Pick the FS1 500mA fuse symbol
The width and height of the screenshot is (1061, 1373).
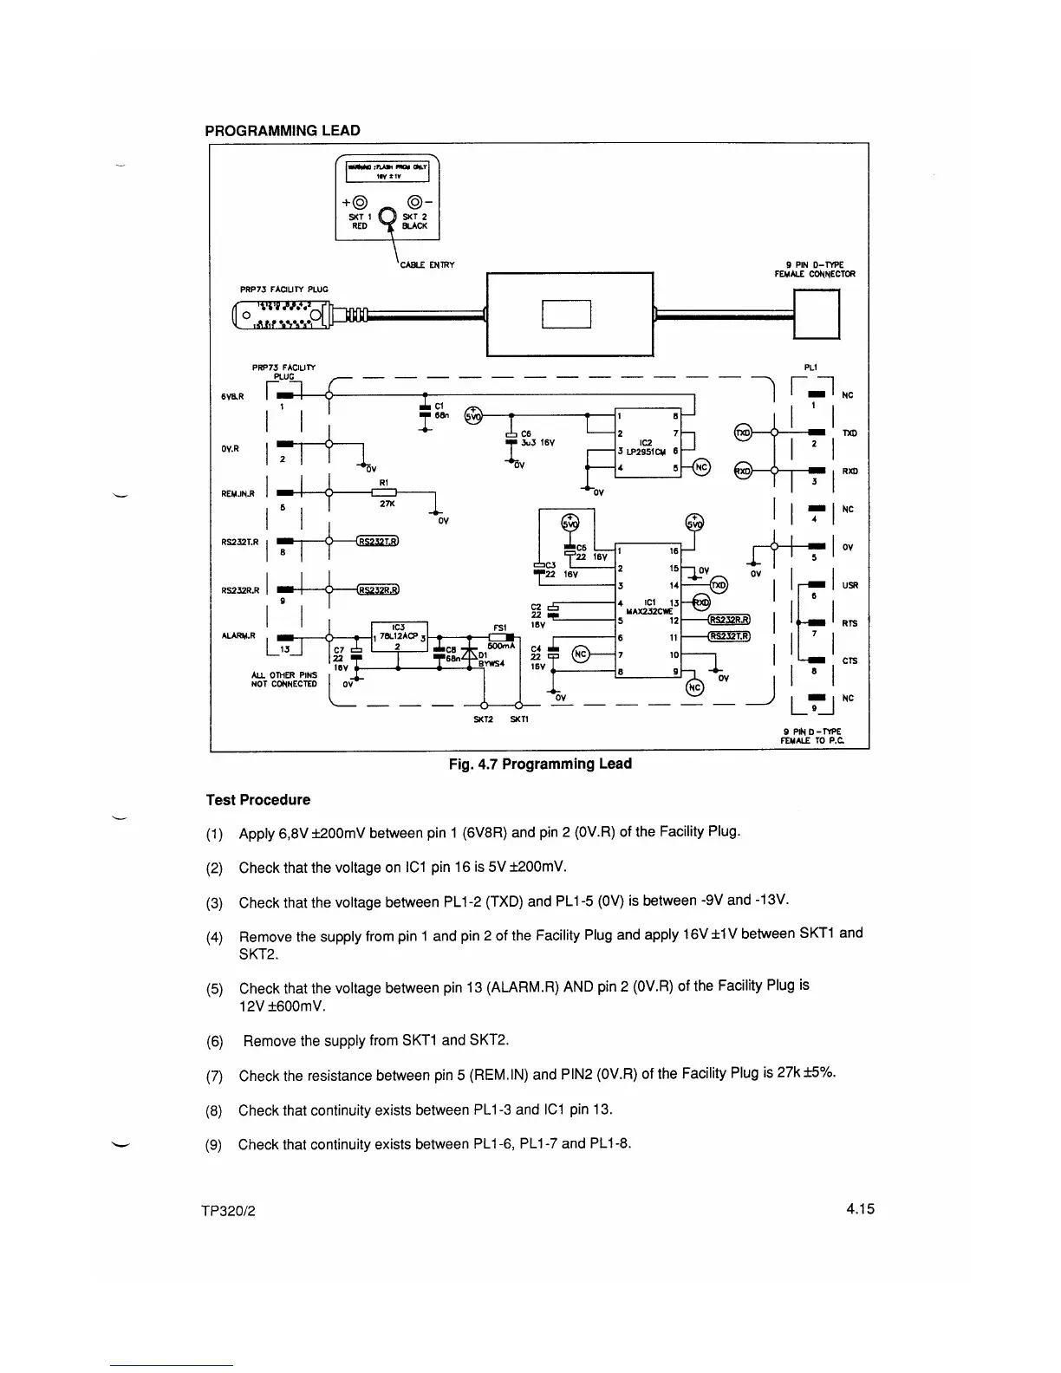click(502, 638)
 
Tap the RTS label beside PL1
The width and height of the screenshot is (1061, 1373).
click(849, 623)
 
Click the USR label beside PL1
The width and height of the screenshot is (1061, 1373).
click(849, 585)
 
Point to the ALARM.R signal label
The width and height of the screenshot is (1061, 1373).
click(236, 635)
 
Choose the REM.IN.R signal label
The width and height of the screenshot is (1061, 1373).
click(238, 494)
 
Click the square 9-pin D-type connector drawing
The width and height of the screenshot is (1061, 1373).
click(817, 313)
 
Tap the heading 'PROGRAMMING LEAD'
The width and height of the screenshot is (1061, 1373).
click(282, 131)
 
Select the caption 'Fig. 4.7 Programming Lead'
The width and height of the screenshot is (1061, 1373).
click(539, 764)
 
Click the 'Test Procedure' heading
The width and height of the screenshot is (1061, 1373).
click(257, 799)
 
